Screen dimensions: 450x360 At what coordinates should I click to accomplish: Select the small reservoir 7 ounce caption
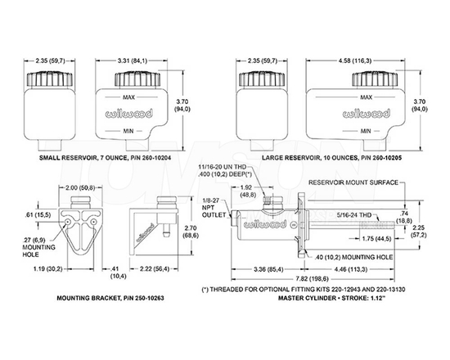coord(106,158)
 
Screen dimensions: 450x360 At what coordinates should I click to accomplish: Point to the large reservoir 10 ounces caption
coord(331,158)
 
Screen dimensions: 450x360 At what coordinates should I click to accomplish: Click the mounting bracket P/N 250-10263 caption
coord(110,298)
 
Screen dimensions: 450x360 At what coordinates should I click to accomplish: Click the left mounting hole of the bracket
coord(68,222)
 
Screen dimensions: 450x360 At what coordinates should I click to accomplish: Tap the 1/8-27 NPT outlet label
coord(214,208)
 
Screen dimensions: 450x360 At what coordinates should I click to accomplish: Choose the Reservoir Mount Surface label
coord(353,182)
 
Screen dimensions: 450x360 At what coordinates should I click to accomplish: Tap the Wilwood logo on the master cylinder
coord(264,224)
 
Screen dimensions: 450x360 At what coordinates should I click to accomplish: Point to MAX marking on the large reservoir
coord(366,97)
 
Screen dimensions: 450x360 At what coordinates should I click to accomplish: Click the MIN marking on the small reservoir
coord(128,131)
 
